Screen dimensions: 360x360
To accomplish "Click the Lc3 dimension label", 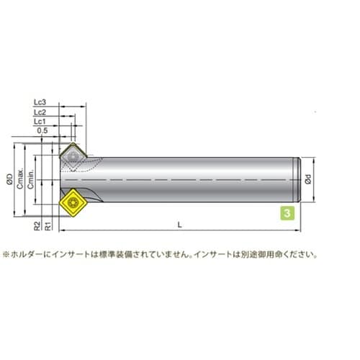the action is pyautogui.click(x=40, y=102).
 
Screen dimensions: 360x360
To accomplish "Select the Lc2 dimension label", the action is pyautogui.click(x=40, y=112).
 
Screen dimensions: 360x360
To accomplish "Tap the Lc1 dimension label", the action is pyautogui.click(x=40, y=122).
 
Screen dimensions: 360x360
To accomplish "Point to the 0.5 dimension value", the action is pyautogui.click(x=42, y=131).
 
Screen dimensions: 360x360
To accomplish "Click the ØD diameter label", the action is pyautogui.click(x=9, y=179).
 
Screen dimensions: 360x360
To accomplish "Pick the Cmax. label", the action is pyautogui.click(x=20, y=179).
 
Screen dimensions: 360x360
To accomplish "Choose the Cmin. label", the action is pyautogui.click(x=30, y=180).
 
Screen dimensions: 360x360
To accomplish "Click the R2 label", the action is pyautogui.click(x=37, y=226).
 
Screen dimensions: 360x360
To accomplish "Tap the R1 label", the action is pyautogui.click(x=48, y=226).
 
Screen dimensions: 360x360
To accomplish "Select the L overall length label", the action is pyautogui.click(x=179, y=225).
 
